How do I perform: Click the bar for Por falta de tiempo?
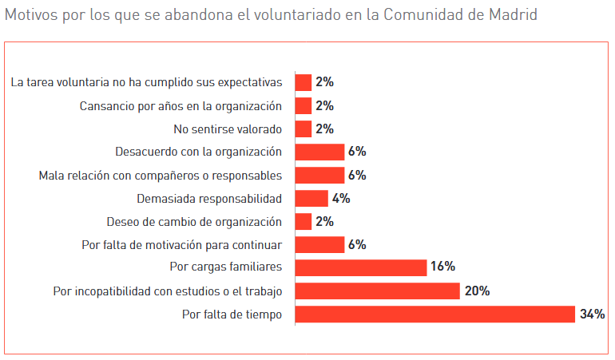435,315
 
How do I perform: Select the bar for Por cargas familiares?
361,267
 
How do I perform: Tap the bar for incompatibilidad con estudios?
377,291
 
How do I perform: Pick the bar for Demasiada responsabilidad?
311,198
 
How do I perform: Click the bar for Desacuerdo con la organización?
319,152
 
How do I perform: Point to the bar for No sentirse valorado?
304,129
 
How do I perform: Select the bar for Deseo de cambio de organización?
304,221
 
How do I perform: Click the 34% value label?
592,315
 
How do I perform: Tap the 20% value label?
477,291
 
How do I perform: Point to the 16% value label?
442,267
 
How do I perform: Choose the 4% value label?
341,198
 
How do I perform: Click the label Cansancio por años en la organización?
181,105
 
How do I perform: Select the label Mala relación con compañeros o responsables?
161,175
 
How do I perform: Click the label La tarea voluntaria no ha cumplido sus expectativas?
147,82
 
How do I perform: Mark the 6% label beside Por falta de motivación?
357,244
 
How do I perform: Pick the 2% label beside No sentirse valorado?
324,129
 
